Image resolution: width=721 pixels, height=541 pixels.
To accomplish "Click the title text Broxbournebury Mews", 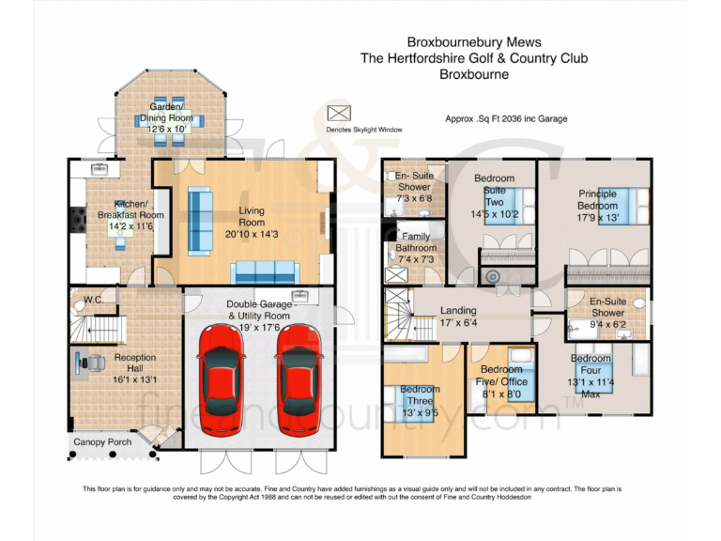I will [473, 42].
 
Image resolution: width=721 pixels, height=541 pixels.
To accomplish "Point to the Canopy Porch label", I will [103, 441].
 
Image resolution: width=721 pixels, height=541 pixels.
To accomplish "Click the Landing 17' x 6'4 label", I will [458, 317].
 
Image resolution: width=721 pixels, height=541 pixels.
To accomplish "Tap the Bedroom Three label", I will [419, 401].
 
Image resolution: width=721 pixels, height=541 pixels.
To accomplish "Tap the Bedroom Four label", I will [591, 376].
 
